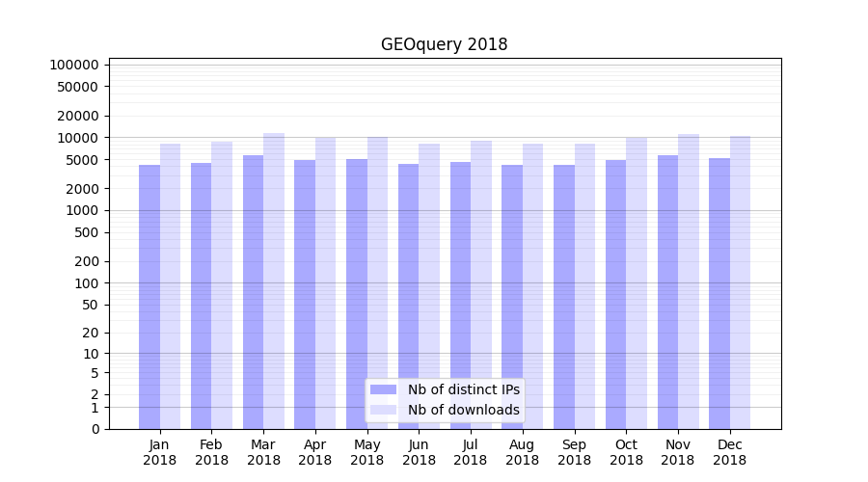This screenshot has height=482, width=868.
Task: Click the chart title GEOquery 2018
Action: [444, 45]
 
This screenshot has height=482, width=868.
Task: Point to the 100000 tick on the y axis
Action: [74, 65]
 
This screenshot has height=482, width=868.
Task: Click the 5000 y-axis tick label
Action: [82, 160]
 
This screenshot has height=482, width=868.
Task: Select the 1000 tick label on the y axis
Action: [82, 210]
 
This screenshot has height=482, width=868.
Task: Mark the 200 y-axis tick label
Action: [86, 261]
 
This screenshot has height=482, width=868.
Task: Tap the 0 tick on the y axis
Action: [95, 429]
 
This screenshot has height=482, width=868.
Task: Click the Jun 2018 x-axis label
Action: [419, 452]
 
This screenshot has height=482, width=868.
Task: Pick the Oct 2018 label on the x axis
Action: [626, 452]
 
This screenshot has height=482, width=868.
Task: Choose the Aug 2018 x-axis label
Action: [522, 452]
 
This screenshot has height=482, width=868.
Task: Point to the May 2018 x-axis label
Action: [366, 452]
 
